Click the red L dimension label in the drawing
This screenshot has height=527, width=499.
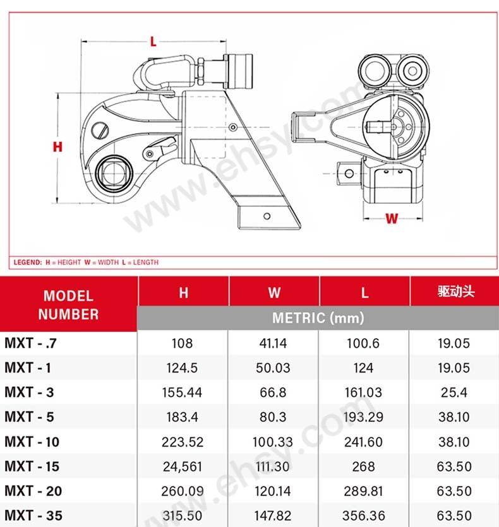pyautogui.click(x=153, y=42)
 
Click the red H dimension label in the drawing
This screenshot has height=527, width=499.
pyautogui.click(x=57, y=147)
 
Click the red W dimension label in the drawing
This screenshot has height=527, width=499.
pyautogui.click(x=392, y=219)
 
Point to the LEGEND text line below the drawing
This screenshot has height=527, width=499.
pyautogui.click(x=86, y=262)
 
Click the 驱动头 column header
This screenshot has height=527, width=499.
pyautogui.click(x=455, y=292)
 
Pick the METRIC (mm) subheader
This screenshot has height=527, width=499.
pyautogui.click(x=318, y=318)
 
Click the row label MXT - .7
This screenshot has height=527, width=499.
pyautogui.click(x=31, y=344)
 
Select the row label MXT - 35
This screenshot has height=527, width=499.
pyautogui.click(x=33, y=515)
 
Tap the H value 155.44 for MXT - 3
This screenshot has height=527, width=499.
pyautogui.click(x=182, y=393)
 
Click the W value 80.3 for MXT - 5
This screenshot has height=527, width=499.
pyautogui.click(x=273, y=417)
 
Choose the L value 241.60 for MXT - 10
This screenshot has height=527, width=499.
pyautogui.click(x=364, y=442)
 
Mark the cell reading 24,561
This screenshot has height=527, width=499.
pyautogui.click(x=182, y=466)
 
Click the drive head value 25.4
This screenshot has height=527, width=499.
pyautogui.click(x=454, y=393)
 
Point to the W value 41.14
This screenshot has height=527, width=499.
pyautogui.click(x=273, y=344)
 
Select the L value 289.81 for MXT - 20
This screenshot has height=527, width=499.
pyautogui.click(x=364, y=491)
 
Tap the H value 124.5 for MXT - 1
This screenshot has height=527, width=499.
pyautogui.click(x=182, y=368)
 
